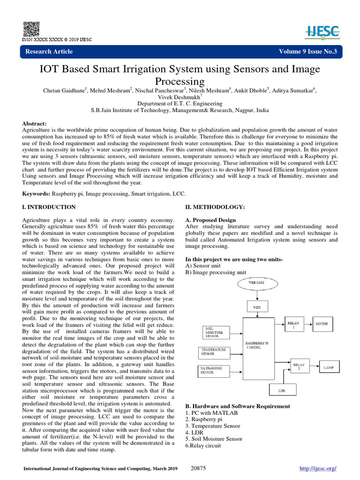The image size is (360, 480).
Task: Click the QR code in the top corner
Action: tap(30, 29)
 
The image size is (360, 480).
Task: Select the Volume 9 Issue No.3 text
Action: tap(307, 52)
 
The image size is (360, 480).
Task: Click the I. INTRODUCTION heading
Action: tap(49, 207)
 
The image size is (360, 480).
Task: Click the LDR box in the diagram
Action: tap(281, 390)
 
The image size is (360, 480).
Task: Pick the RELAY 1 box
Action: tap(295, 323)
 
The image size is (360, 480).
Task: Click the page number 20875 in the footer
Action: tap(200, 468)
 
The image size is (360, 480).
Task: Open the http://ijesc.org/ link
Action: tap(318, 468)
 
